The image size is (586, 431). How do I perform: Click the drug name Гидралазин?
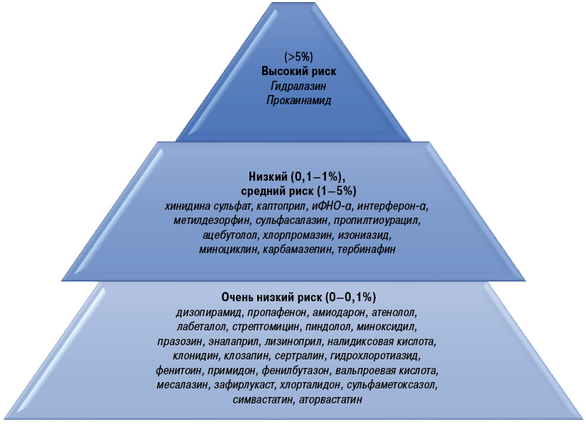[x=298, y=86]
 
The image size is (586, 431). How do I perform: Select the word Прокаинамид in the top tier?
[x=298, y=101]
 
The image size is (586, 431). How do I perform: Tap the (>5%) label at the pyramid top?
[x=298, y=57]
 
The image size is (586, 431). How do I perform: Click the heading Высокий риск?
[x=298, y=71]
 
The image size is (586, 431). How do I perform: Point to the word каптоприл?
[x=281, y=206]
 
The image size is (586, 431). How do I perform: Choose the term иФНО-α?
[x=331, y=206]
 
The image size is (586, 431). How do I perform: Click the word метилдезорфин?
[x=211, y=220]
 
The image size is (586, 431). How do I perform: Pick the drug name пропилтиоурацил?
[x=377, y=220]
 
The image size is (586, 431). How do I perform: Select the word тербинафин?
[x=366, y=250]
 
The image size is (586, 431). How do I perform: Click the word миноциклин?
[x=227, y=250]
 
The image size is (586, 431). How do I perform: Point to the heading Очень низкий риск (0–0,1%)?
[x=298, y=297]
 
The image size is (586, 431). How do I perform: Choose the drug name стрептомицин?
[x=265, y=327]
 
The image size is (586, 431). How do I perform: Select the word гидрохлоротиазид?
[x=376, y=356]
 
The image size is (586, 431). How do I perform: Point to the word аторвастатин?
[x=330, y=400]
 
